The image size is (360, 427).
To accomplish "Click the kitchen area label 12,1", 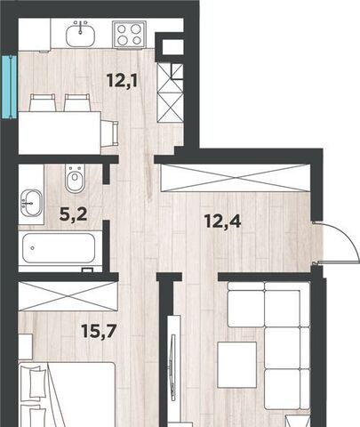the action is pos(122,80).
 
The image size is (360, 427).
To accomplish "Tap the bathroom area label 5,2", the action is pos(73,214).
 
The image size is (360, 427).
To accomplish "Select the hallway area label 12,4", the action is pos(222,221).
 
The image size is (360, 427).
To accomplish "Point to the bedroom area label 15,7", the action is pos(98,331).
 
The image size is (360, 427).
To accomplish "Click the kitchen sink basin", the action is pos(80,36).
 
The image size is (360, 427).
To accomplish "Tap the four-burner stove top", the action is pos(129,34).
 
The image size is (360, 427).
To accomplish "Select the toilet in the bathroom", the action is pos(74,179).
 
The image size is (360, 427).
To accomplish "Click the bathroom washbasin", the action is pos(31,203).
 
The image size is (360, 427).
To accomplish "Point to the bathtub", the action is pos(59,248).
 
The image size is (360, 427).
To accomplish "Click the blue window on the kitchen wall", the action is pos(9,87).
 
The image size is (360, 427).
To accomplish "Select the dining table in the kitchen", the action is pos(60,133).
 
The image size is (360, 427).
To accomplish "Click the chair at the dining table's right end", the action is pos(109,133).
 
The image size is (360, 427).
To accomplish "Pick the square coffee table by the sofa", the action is pos(237,365).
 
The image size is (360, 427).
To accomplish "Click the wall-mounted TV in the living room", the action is pos(173,367).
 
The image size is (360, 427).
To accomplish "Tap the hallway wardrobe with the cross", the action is pos(235,178).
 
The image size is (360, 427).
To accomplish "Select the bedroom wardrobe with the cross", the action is pos(68,296).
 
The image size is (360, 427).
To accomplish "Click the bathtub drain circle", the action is pos(32,248).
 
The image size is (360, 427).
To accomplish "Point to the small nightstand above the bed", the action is pos(25,346).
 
